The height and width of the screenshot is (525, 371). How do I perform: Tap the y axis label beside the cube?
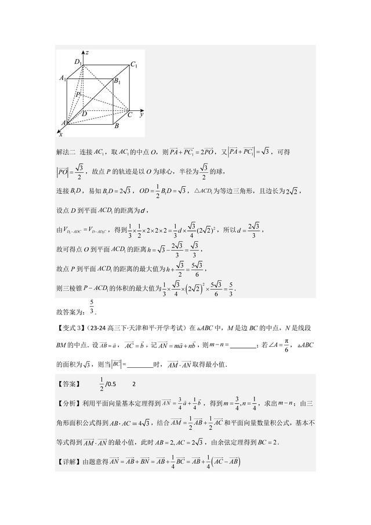pyautogui.click(x=141, y=115)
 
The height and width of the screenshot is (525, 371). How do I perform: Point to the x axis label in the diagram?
pyautogui.click(x=60, y=133)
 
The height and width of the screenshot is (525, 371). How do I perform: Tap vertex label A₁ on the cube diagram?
pyautogui.click(x=63, y=77)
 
